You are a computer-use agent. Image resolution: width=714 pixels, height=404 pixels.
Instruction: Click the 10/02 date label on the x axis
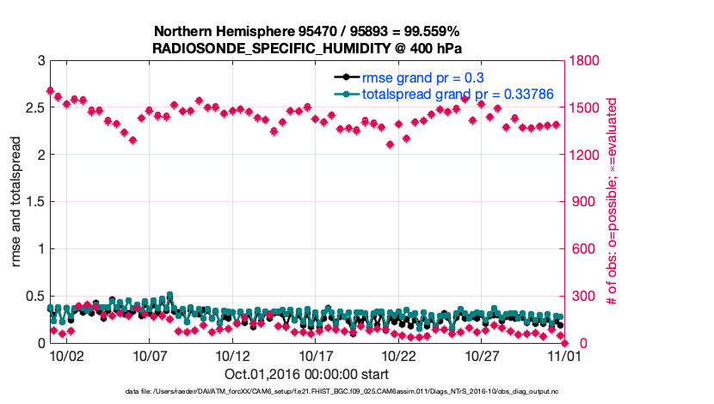point(66,356)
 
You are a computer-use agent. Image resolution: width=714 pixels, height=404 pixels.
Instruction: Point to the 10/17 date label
point(316,356)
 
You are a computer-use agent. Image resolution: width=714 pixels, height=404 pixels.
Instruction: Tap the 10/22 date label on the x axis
point(398,356)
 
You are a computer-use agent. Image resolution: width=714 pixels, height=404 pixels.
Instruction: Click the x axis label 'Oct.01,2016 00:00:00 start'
point(307,374)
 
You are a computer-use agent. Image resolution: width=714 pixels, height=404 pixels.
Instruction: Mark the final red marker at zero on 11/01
point(564,343)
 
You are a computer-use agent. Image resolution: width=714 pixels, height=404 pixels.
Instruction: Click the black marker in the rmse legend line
point(346,78)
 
